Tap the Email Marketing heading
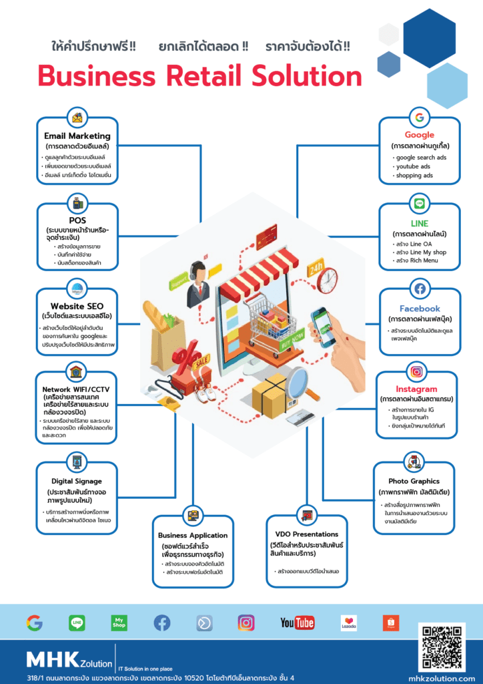(77, 136)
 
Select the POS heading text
(77, 220)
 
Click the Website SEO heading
(77, 306)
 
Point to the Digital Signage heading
(77, 481)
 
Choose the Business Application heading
(193, 535)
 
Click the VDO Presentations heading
(307, 534)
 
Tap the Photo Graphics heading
(414, 481)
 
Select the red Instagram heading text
(416, 389)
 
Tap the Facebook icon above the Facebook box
(420, 289)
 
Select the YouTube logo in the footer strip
(297, 623)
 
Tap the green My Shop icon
(119, 623)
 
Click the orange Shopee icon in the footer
(391, 623)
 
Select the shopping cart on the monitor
(268, 314)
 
